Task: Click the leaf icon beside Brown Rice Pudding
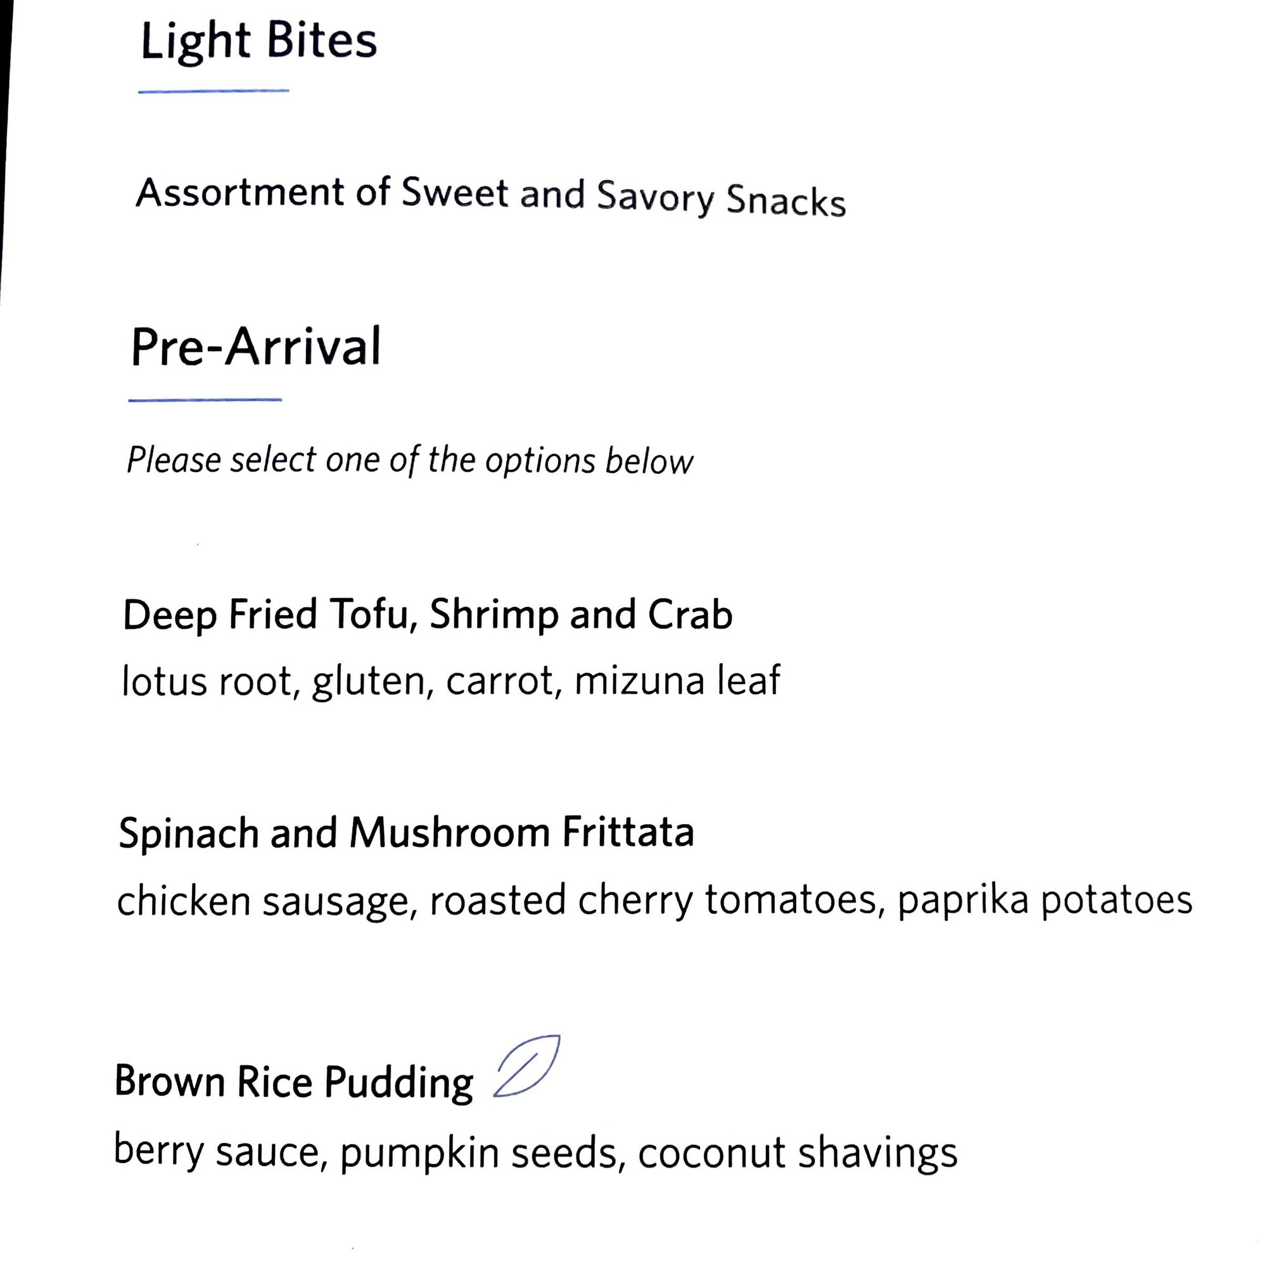(526, 1066)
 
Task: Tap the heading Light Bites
(258, 41)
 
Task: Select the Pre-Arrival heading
(255, 347)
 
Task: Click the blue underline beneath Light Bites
(213, 91)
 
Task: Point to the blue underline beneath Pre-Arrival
(205, 399)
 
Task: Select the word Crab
(690, 614)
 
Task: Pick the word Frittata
(628, 832)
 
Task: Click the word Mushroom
(449, 833)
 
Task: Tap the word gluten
(372, 682)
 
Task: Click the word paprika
(963, 901)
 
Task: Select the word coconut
(711, 1153)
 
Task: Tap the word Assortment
(239, 192)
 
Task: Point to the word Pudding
(398, 1083)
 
